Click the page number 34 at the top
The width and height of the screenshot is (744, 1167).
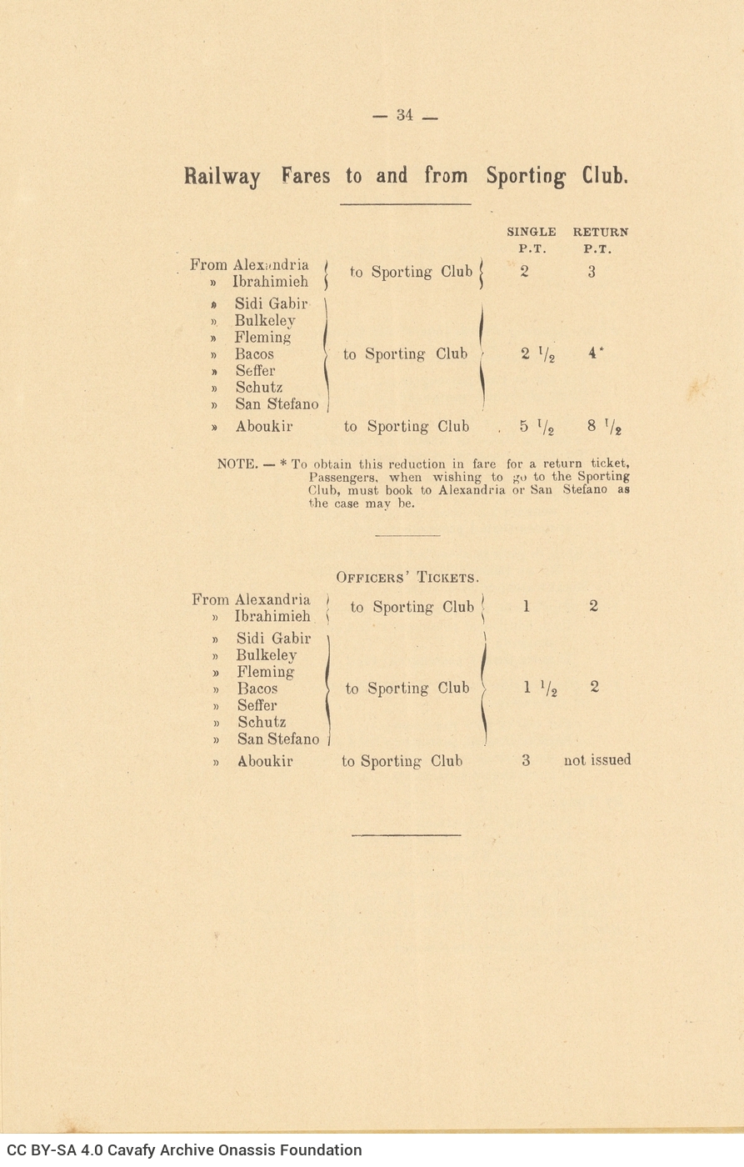pos(405,115)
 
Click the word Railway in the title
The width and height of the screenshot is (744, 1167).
pos(222,177)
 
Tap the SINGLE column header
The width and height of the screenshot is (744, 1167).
pos(531,232)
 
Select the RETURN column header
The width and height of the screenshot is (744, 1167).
pos(600,232)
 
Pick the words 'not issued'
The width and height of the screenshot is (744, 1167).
pos(597,759)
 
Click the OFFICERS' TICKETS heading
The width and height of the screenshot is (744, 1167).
pos(407,578)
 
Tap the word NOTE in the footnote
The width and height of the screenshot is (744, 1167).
pos(237,463)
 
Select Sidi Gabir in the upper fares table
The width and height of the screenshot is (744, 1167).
pos(271,303)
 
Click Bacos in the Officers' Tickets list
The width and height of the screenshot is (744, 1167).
pos(257,689)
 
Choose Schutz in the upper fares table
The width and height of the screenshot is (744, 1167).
pos(259,387)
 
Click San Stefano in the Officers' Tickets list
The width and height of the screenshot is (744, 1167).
pos(278,739)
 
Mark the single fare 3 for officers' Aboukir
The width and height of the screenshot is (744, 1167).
pos(526,760)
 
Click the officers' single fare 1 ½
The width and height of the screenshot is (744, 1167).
pos(539,689)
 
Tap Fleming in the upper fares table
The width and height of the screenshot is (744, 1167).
pos(262,337)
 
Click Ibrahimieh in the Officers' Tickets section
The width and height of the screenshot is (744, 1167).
pos(272,616)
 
